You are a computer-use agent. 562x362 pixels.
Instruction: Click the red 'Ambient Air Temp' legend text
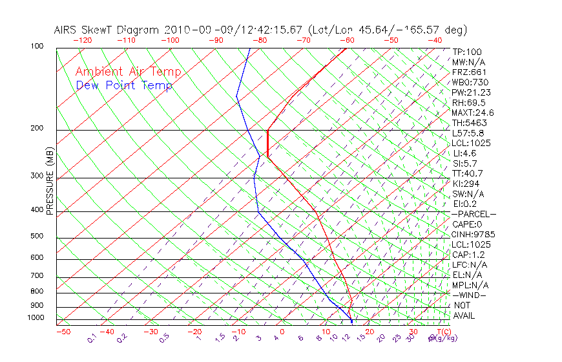point(128,72)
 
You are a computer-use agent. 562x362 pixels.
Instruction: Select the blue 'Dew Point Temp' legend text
point(124,85)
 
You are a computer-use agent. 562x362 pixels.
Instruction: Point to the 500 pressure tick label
point(37,236)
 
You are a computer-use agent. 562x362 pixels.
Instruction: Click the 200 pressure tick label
point(37,129)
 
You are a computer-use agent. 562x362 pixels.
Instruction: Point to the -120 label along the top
point(82,40)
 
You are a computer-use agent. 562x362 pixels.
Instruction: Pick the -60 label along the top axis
point(347,40)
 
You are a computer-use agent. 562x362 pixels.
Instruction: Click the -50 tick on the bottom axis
point(63,332)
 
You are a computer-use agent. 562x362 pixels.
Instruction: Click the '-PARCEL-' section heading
point(474,214)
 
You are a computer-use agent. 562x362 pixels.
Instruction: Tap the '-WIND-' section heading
point(470,295)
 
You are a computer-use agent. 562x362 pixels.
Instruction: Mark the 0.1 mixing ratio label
point(92,339)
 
